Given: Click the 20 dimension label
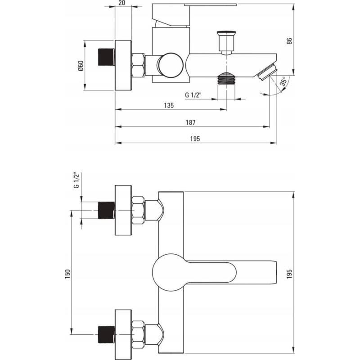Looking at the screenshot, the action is [122, 3].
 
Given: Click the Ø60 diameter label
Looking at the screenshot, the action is [81, 66].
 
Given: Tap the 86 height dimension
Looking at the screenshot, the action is [289, 41].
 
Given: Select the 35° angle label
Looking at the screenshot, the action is [284, 81].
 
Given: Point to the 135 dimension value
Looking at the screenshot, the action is [169, 105].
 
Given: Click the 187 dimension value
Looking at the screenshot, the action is [190, 122].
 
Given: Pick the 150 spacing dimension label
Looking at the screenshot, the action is [67, 274].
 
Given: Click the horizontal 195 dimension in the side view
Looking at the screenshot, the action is [195, 139].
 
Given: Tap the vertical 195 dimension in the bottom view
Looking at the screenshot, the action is [289, 274].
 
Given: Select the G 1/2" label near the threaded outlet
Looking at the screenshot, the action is [193, 94].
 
